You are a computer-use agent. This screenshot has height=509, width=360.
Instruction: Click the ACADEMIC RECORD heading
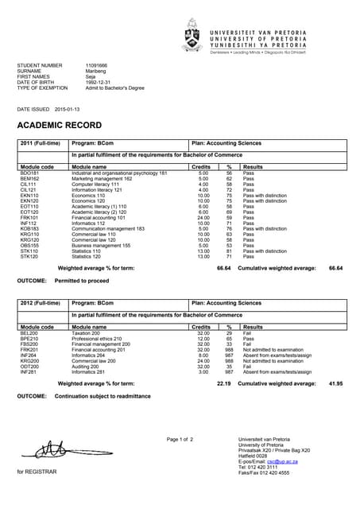60,126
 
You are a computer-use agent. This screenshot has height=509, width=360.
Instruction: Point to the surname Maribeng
98,71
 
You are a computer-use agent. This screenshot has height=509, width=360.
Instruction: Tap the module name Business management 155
104,246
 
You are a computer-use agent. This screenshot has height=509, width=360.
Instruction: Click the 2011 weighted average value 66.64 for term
224,269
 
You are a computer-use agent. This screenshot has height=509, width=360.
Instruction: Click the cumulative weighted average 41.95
335,383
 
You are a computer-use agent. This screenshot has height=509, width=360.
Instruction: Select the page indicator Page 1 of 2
180,440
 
